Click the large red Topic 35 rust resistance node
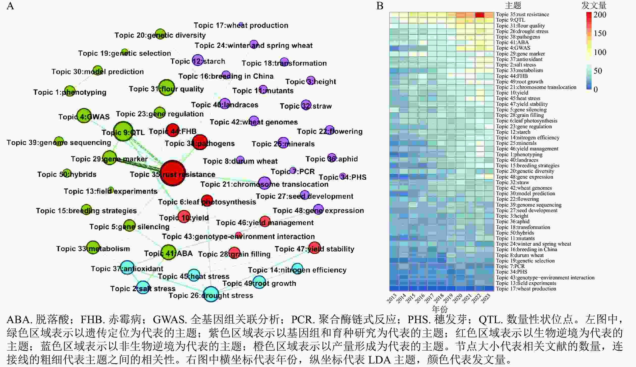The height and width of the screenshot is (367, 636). pyautogui.click(x=173, y=173)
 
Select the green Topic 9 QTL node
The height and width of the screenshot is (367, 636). pyautogui.click(x=123, y=131)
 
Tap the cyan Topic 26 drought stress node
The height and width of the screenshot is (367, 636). pyautogui.click(x=211, y=294)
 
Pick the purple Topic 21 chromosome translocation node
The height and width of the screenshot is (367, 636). pyautogui.click(x=264, y=183)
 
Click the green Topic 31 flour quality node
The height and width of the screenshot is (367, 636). pyautogui.click(x=167, y=88)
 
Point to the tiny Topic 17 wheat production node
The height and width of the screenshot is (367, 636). pyautogui.click(x=241, y=24)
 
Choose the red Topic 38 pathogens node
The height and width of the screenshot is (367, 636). pyautogui.click(x=200, y=142)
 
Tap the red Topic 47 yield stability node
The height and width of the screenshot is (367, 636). pyautogui.click(x=314, y=248)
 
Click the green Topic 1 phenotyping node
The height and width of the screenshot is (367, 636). pyautogui.click(x=70, y=91)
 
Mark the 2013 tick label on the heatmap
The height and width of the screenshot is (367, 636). pyautogui.click(x=392, y=299)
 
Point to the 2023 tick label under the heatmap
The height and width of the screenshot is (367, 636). pyautogui.click(x=486, y=299)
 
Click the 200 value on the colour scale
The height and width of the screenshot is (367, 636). pyautogui.click(x=600, y=15)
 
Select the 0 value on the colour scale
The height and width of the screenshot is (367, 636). pyautogui.click(x=596, y=89)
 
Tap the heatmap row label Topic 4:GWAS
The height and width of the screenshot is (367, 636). pyautogui.click(x=513, y=48)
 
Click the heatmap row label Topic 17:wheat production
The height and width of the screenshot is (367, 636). pyautogui.click(x=526, y=289)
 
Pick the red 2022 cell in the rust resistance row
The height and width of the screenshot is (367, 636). pyautogui.click(x=480, y=15)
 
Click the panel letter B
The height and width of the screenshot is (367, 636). pyautogui.click(x=380, y=6)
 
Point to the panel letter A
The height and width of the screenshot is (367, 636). pyautogui.click(x=10, y=6)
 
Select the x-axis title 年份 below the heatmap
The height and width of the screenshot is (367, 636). pyautogui.click(x=440, y=309)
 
